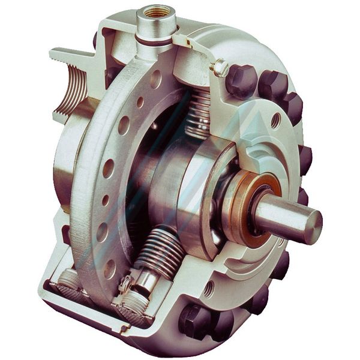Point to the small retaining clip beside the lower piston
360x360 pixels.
[128, 281]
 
